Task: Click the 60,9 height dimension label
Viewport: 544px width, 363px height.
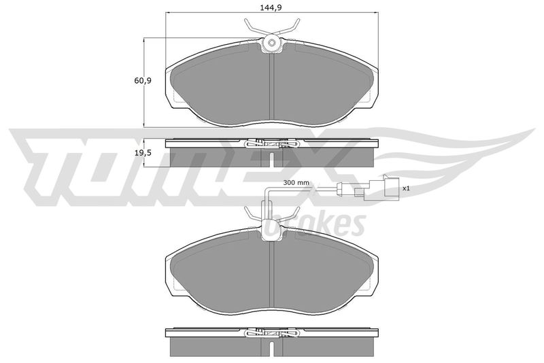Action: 143,80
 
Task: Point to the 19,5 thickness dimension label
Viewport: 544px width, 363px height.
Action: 143,153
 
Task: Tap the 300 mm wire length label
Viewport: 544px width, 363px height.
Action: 296,182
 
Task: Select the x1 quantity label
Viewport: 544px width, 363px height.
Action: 406,188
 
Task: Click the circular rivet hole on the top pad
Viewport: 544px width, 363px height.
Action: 271,43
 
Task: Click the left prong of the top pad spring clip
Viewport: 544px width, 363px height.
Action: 252,29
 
